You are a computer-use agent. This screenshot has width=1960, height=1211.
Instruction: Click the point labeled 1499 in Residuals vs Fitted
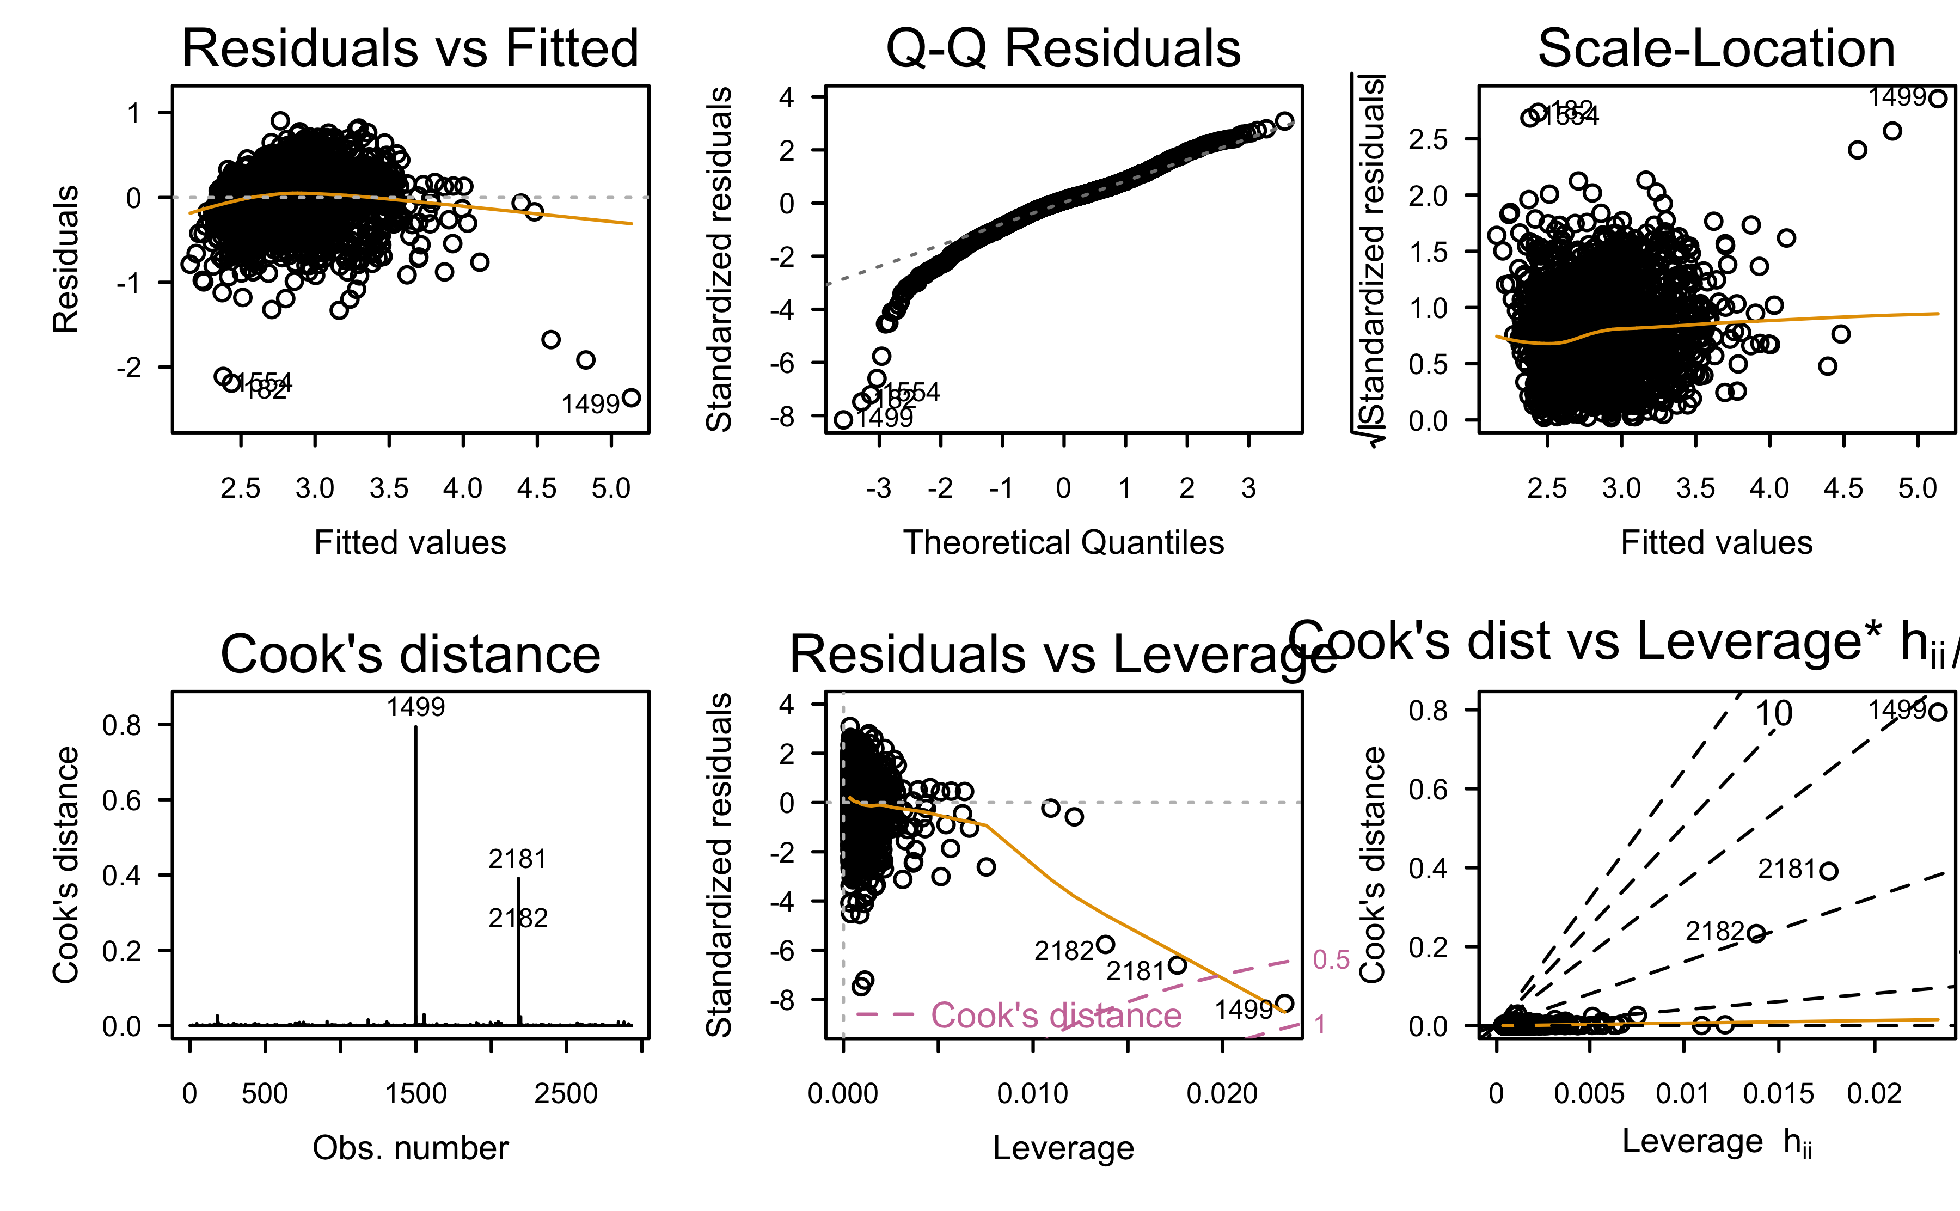tap(631, 397)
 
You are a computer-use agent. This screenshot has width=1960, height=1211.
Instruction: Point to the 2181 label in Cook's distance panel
tap(517, 859)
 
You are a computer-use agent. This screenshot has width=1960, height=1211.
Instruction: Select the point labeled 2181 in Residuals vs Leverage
tap(1178, 965)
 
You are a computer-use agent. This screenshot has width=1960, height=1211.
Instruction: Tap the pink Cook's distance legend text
tap(1056, 1016)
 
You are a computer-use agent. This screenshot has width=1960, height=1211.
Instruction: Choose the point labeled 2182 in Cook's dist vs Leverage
tap(1756, 933)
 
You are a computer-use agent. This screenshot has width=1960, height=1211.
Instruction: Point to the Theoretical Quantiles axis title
tap(1063, 542)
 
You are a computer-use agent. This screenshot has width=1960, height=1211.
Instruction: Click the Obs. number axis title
tap(410, 1148)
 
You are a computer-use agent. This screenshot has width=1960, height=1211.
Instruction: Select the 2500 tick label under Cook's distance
tap(566, 1093)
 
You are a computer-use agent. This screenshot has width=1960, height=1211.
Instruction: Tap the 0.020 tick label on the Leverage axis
tap(1222, 1093)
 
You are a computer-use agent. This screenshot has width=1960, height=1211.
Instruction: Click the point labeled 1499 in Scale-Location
tap(1938, 99)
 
